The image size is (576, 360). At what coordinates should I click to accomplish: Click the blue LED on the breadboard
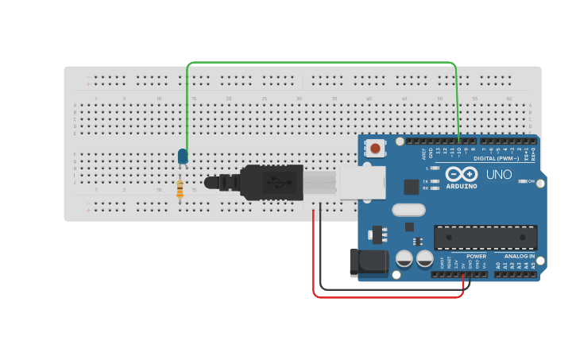[x=183, y=156]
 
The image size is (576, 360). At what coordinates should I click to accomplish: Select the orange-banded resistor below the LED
[x=180, y=190]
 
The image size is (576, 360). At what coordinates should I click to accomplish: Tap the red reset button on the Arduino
[x=375, y=147]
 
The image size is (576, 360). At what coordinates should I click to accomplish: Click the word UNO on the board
[x=499, y=175]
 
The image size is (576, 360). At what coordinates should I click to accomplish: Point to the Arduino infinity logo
[x=461, y=174]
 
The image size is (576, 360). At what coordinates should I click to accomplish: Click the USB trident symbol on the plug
[x=278, y=181]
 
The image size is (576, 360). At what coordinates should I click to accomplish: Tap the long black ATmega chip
[x=485, y=237]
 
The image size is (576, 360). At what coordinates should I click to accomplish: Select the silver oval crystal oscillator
[x=408, y=210]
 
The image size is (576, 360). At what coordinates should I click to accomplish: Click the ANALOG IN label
[x=520, y=256]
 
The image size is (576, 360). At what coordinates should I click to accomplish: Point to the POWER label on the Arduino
[x=477, y=256]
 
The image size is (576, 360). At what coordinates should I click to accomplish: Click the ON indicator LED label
[x=530, y=181]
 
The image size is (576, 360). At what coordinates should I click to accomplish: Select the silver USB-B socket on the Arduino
[x=362, y=183]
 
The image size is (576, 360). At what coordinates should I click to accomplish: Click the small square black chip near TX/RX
[x=412, y=187]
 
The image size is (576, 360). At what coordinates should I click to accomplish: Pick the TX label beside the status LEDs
[x=426, y=181]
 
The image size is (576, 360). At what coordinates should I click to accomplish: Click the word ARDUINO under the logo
[x=462, y=186]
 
